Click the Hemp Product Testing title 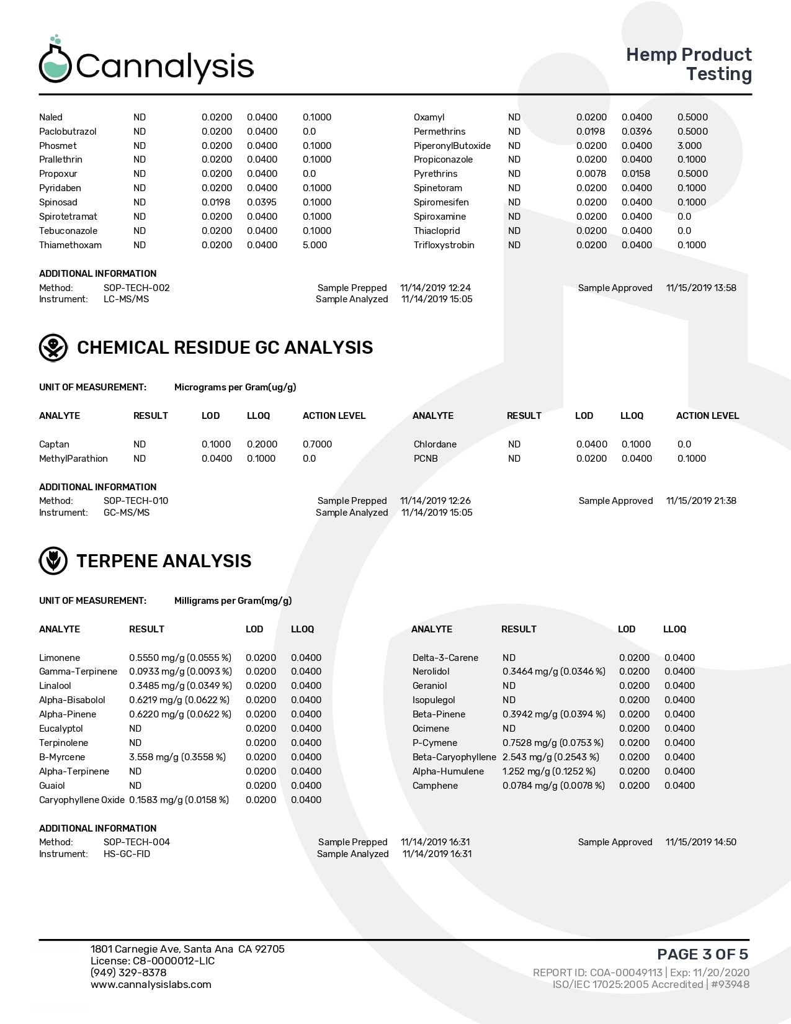click(689, 64)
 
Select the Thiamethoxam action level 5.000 click(315, 245)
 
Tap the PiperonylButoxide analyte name click(452, 146)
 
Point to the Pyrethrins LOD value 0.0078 click(591, 174)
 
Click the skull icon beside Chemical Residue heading click(53, 348)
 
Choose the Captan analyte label click(54, 444)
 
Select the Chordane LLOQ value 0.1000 click(636, 444)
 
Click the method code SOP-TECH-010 click(136, 501)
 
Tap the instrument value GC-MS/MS click(126, 513)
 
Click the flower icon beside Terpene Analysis click(53, 561)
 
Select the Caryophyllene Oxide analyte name click(81, 800)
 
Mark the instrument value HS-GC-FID click(127, 854)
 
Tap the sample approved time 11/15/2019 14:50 click(700, 842)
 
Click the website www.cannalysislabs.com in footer click(151, 984)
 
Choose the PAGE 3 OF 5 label click(702, 954)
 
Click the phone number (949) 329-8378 click(128, 972)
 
